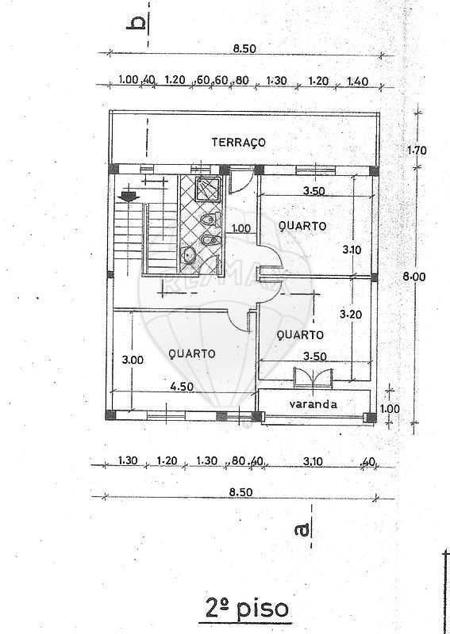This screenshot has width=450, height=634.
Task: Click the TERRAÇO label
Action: pyautogui.click(x=239, y=143)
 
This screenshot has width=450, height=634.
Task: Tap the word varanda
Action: pyautogui.click(x=313, y=404)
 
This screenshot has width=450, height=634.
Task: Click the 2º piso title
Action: pyautogui.click(x=247, y=609)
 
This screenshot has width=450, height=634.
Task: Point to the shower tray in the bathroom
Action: pyautogui.click(x=208, y=189)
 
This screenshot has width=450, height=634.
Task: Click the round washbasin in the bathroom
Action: pyautogui.click(x=188, y=254)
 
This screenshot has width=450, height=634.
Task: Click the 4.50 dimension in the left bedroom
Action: pyautogui.click(x=182, y=387)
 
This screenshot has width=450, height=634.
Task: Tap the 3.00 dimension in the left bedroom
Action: pyautogui.click(x=133, y=360)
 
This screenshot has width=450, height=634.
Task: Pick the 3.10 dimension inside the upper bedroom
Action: pyautogui.click(x=352, y=250)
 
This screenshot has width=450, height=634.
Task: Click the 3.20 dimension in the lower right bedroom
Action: pyautogui.click(x=351, y=314)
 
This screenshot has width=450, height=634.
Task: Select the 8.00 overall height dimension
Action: pyautogui.click(x=414, y=277)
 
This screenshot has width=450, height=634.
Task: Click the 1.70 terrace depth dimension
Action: pyautogui.click(x=417, y=151)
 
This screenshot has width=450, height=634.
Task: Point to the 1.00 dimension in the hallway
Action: pyautogui.click(x=240, y=228)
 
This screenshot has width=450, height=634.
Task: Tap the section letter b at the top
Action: pyautogui.click(x=136, y=23)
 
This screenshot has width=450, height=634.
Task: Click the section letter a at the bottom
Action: pyautogui.click(x=302, y=529)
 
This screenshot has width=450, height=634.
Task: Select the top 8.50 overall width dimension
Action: pyautogui.click(x=244, y=48)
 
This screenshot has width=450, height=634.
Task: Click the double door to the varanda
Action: pyautogui.click(x=313, y=378)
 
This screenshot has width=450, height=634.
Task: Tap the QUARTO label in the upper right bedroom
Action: pyautogui.click(x=302, y=226)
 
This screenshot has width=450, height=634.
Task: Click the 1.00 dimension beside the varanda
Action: pyautogui.click(x=390, y=409)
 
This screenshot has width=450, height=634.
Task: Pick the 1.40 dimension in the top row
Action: pyautogui.click(x=358, y=82)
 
